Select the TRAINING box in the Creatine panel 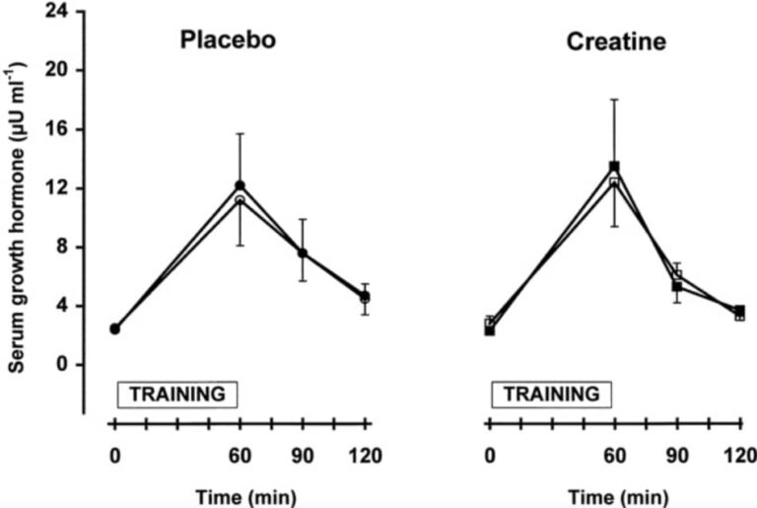[551, 394]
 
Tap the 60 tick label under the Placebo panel [240, 456]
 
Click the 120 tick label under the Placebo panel [365, 456]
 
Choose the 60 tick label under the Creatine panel [614, 456]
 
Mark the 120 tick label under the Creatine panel [738, 456]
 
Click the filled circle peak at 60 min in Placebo [240, 185]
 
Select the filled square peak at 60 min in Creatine [614, 167]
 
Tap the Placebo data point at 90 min [303, 254]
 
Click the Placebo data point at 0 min [114, 328]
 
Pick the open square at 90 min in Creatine [677, 275]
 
